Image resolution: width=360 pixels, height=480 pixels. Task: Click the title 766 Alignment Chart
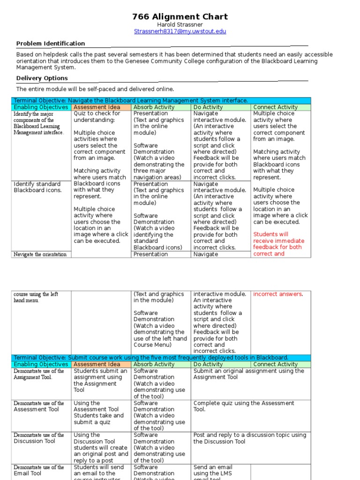tap(180, 17)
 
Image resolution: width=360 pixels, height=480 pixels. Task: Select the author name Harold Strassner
tap(180, 24)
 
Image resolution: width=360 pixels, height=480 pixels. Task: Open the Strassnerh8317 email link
tap(180, 31)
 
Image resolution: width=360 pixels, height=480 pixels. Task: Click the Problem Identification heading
tap(51, 44)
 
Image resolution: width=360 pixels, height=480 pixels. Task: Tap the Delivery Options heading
tap(42, 78)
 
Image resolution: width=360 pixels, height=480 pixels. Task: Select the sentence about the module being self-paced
tap(95, 89)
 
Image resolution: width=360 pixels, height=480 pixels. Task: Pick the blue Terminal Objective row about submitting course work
tap(151, 358)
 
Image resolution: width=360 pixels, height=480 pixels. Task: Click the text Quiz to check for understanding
tap(97, 117)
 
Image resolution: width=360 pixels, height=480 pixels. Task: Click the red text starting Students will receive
tap(278, 244)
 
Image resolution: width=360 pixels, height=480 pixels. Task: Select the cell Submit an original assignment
tap(248, 374)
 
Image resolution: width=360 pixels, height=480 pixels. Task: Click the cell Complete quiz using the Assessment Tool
tap(244, 406)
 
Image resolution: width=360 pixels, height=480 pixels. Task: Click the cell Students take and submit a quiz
tap(99, 419)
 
